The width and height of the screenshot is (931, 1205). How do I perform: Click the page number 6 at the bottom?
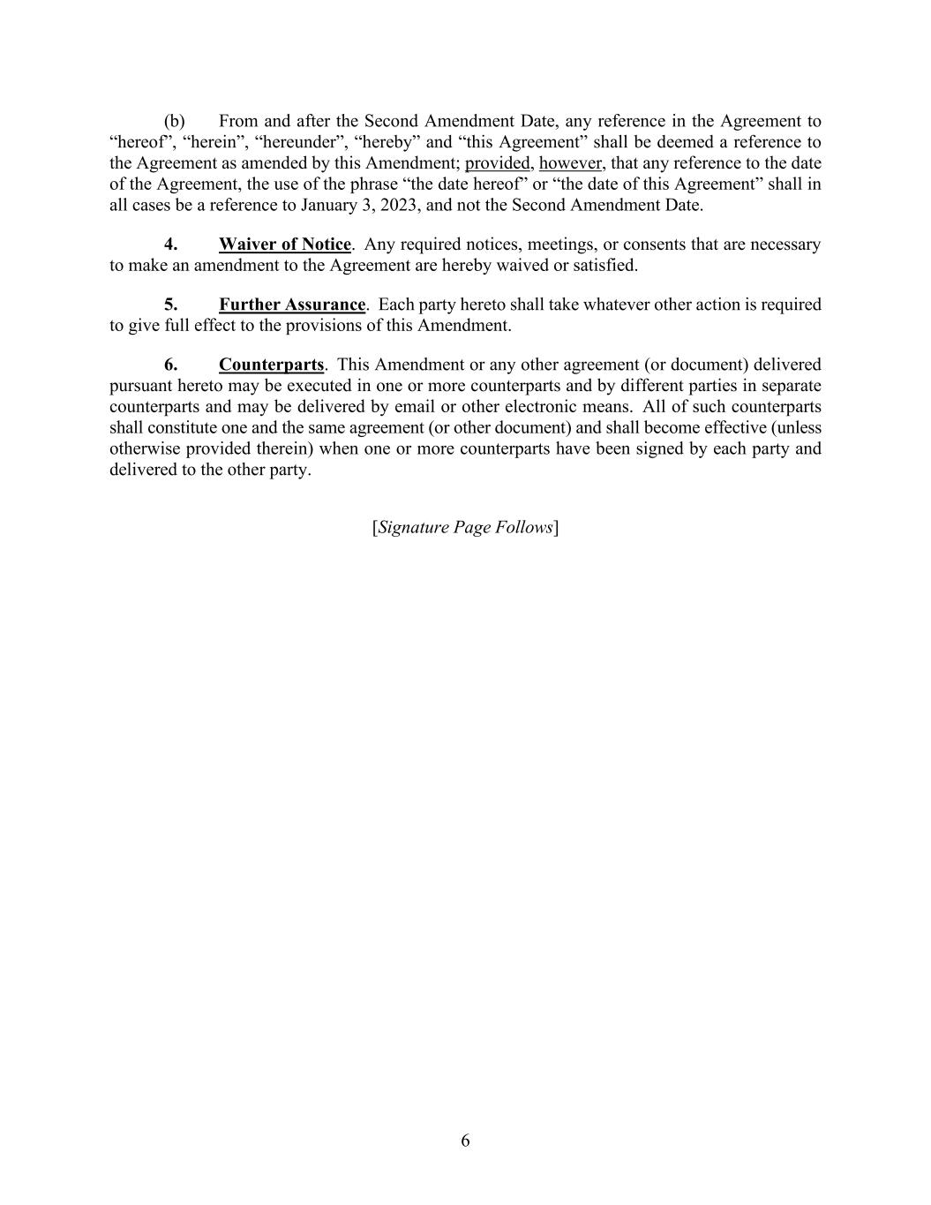tap(465, 1141)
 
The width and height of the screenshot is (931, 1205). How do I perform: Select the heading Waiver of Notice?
tap(284, 245)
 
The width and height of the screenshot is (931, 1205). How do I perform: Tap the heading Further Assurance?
tap(291, 305)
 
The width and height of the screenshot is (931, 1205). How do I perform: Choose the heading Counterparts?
tap(271, 365)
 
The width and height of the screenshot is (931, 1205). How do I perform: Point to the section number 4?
tap(170, 245)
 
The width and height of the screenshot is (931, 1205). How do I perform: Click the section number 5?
tap(170, 305)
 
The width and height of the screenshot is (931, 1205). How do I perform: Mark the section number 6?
tap(170, 365)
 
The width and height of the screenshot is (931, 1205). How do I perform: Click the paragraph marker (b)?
tap(174, 121)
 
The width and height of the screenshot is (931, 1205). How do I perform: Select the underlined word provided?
tap(497, 163)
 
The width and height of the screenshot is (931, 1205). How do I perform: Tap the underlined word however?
tap(570, 163)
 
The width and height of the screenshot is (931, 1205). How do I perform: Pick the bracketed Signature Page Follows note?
tap(465, 528)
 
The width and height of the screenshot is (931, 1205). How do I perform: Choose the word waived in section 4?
tap(511, 265)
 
